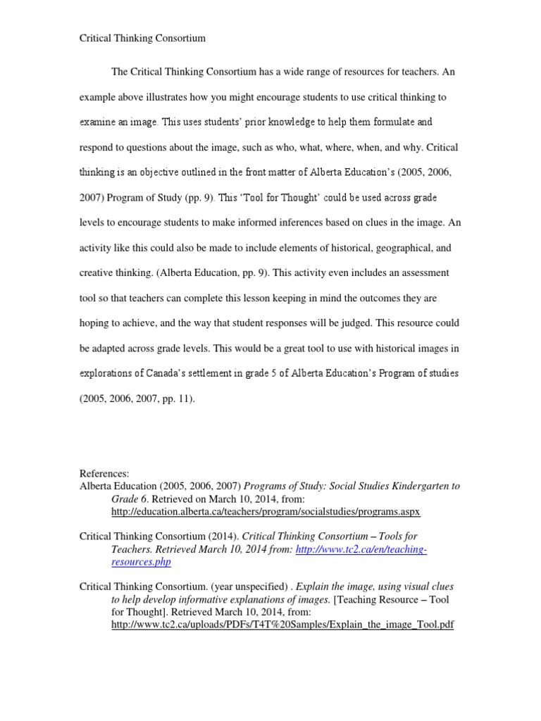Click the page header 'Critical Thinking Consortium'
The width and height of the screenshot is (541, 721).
(142, 38)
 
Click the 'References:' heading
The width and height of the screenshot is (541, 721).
(104, 474)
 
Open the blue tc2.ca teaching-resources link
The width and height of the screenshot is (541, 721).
(269, 556)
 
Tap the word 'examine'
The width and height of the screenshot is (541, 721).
(95, 122)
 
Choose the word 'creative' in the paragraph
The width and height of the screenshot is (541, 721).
(97, 272)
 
